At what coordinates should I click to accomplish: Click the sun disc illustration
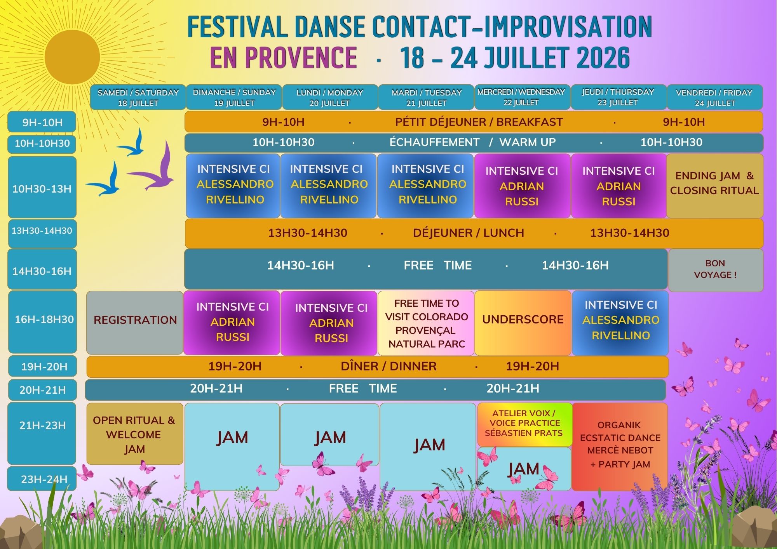click(x=72, y=57)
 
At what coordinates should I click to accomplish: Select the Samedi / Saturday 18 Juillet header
click(x=138, y=97)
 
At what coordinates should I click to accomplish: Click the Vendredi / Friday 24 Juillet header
click(x=715, y=97)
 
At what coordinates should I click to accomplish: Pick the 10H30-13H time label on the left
click(x=42, y=189)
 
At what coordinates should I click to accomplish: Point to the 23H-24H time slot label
click(x=42, y=479)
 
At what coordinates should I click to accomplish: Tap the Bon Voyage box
click(x=716, y=270)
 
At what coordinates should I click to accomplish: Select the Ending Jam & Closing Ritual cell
click(x=715, y=186)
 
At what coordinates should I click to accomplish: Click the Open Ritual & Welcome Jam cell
click(x=135, y=434)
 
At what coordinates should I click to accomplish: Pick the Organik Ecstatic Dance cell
click(x=620, y=446)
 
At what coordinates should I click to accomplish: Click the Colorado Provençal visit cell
click(x=426, y=323)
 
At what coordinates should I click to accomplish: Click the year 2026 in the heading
click(x=603, y=57)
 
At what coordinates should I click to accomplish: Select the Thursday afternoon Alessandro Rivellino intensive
click(x=620, y=323)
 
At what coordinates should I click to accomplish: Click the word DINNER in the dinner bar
click(x=413, y=366)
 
